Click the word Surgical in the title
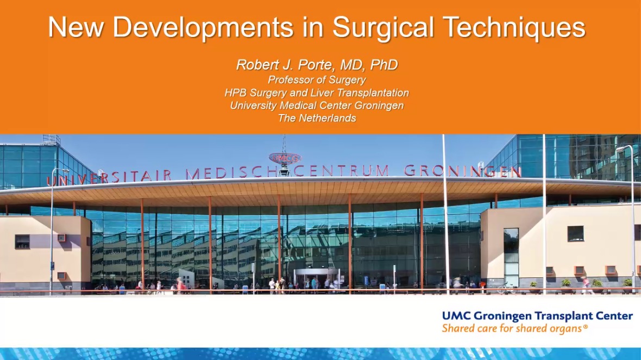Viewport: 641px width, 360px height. click(x=383, y=28)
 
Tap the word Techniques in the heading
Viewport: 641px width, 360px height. click(x=514, y=28)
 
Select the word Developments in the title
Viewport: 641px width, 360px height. click(x=203, y=28)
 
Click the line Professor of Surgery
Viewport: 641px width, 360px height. click(x=317, y=80)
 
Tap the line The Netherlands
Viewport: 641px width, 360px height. click(x=317, y=118)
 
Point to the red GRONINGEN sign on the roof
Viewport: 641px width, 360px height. click(x=462, y=171)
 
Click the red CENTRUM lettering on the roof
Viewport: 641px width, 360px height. click(x=341, y=170)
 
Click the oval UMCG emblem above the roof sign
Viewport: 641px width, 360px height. click(x=285, y=157)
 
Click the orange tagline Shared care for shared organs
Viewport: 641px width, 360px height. click(x=512, y=329)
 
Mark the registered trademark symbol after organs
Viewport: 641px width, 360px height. click(x=586, y=327)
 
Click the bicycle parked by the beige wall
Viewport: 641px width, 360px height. click(x=506, y=288)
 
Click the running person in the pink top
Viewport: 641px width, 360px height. click(x=586, y=285)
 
